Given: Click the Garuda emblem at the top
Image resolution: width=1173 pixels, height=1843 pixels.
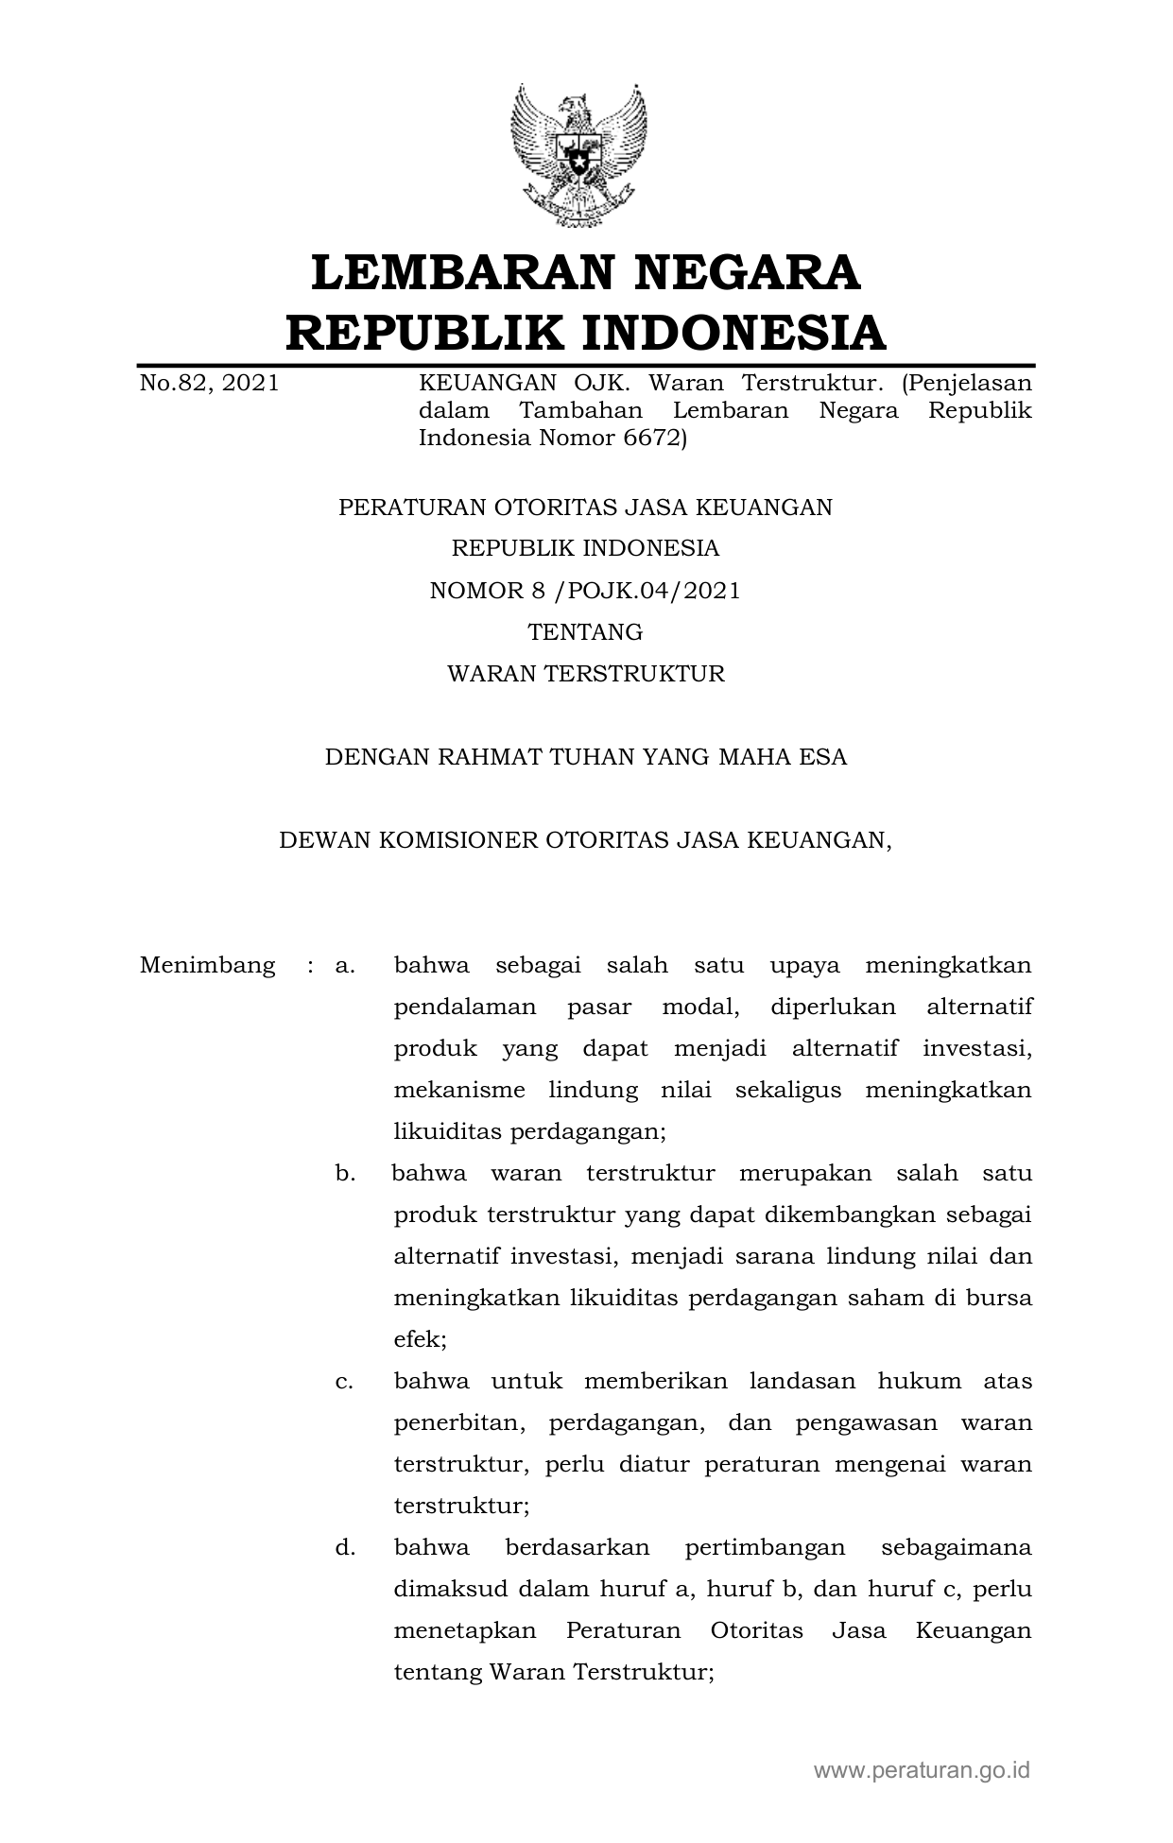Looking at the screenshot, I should pos(579,155).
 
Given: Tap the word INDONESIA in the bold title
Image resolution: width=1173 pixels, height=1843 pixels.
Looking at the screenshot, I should pos(733,333).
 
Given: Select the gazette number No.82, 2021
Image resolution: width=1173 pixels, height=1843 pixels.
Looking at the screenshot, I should pos(209,384).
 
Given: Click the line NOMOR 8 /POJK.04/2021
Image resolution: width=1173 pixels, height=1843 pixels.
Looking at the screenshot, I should pos(585,591).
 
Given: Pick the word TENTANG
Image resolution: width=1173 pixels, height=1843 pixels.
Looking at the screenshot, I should pos(585,632).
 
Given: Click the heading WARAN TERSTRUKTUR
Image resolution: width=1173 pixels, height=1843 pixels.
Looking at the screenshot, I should pos(585,674).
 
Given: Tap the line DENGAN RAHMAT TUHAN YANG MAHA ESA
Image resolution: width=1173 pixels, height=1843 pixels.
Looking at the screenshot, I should pos(585,757).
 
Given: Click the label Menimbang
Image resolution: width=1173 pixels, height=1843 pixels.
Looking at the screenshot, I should pos(207,966).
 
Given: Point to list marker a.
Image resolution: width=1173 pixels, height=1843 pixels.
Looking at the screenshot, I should pos(344,966).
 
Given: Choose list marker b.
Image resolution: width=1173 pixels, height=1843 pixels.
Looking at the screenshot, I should pos(344,1174).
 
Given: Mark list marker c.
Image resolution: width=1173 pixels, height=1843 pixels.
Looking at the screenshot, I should pos(344,1382).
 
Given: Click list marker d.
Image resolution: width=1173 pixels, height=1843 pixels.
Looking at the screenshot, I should pos(344,1548).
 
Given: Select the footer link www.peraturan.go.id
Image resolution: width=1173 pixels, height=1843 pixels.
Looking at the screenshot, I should pos(922,1770).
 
